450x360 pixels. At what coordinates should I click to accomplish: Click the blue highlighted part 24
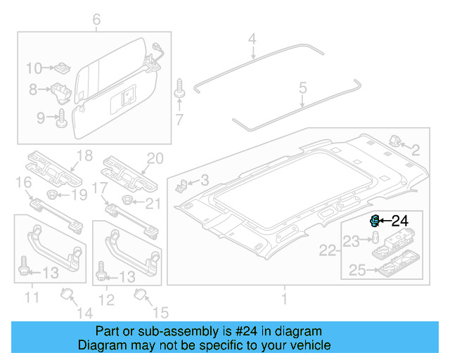pyautogui.click(x=375, y=221)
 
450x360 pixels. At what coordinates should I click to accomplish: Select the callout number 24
pyautogui.click(x=399, y=221)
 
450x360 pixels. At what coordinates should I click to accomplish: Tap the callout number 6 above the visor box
pyautogui.click(x=96, y=19)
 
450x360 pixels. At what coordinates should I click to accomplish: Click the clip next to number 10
pyautogui.click(x=61, y=68)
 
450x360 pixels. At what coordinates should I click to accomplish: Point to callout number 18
pyautogui.click(x=84, y=155)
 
